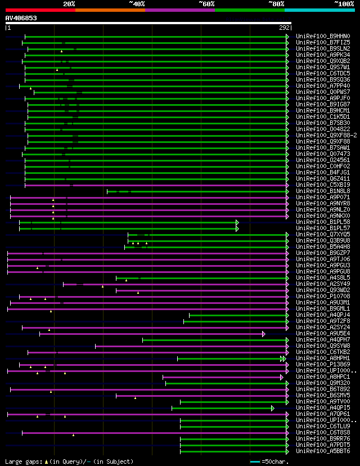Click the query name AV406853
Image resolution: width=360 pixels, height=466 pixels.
click(x=21, y=18)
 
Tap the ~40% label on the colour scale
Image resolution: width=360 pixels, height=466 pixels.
click(x=137, y=4)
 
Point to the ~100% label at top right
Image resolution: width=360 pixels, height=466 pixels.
click(x=344, y=4)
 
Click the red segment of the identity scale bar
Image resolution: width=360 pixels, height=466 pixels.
click(x=40, y=10)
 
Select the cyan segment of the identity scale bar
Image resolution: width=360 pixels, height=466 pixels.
click(x=319, y=10)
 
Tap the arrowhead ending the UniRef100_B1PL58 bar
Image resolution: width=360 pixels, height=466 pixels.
click(x=237, y=222)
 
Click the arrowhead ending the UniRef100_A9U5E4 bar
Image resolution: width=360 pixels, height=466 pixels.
click(x=263, y=334)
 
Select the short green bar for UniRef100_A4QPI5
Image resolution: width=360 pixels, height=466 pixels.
click(x=222, y=408)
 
